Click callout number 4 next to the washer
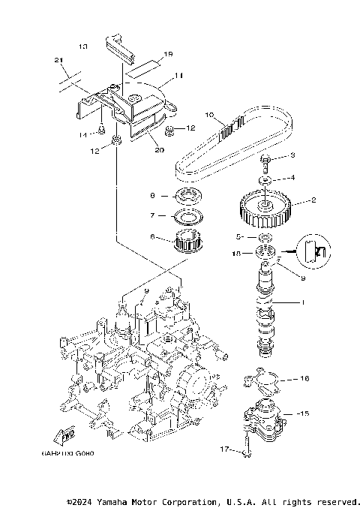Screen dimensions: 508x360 point(293,178)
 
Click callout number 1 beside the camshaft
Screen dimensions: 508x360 point(303,304)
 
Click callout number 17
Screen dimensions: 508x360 point(222,449)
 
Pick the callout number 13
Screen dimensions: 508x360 point(82,47)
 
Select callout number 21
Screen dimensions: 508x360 point(58,60)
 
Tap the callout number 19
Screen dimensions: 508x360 point(168,54)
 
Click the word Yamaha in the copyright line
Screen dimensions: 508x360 point(113,501)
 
